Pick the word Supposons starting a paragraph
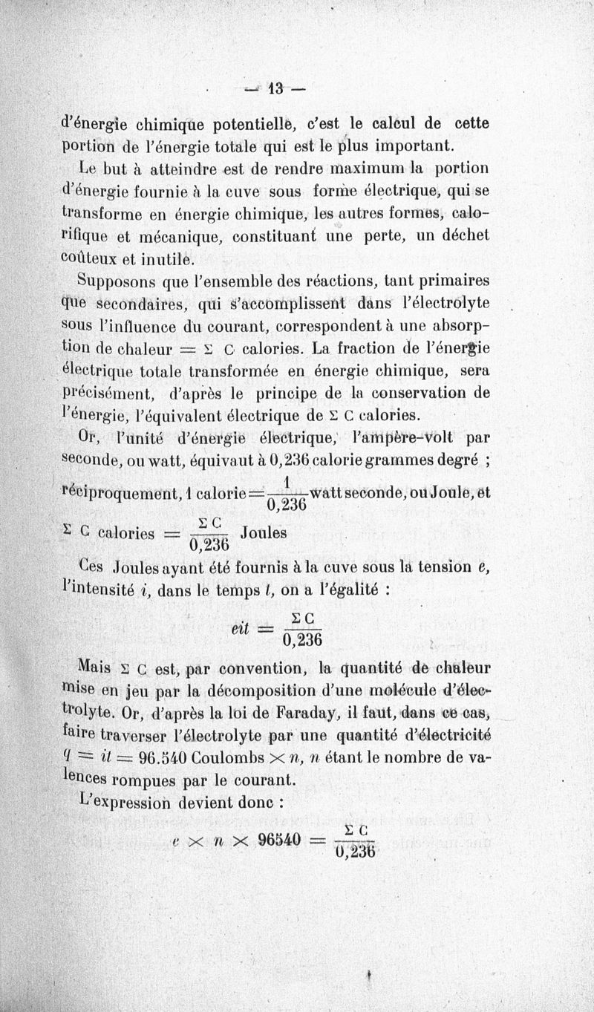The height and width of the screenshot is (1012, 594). point(115,282)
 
